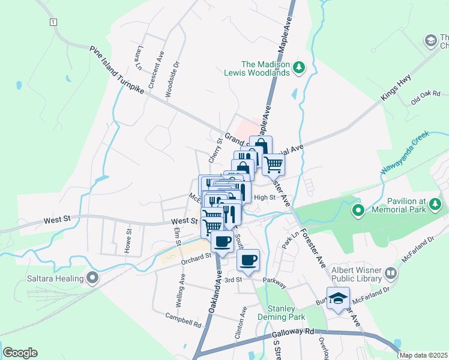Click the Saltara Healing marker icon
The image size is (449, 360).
tap(92, 278)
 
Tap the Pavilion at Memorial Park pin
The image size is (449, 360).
tap(358, 210)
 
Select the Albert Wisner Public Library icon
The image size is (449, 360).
tap(391, 274)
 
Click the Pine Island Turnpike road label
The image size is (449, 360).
tap(117, 69)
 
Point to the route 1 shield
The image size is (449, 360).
tap(53, 22)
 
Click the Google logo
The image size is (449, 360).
tap(20, 353)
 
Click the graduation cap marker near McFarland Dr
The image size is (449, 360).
tap(338, 298)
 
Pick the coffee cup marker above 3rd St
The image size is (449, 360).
tap(248, 260)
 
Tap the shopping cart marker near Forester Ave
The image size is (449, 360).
tap(273, 163)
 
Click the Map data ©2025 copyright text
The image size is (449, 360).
tap(423, 355)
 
